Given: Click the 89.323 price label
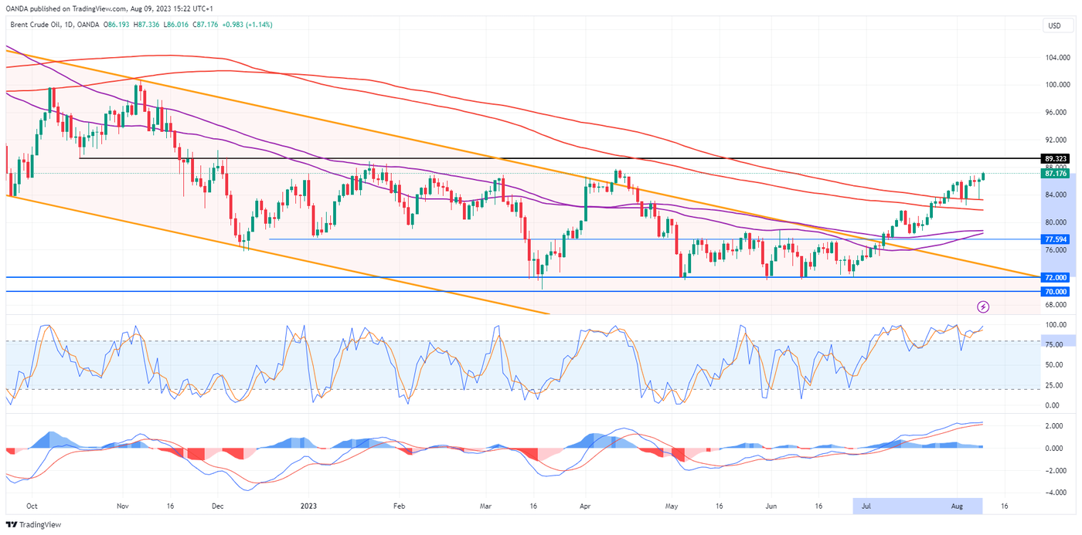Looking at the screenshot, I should pyautogui.click(x=1055, y=158).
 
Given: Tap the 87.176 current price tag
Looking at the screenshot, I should pyautogui.click(x=1055, y=174).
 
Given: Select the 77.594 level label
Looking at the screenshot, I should pyautogui.click(x=1055, y=239).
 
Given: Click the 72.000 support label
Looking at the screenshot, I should pyautogui.click(x=1055, y=277).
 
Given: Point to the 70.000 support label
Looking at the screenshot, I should pyautogui.click(x=1055, y=291).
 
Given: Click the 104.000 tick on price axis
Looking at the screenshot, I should pyautogui.click(x=1056, y=57).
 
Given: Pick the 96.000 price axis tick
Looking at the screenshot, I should pyautogui.click(x=1056, y=112).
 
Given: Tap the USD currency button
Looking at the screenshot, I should pyautogui.click(x=1054, y=25).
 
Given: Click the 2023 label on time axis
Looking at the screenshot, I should pyautogui.click(x=308, y=506).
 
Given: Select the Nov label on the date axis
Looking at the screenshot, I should pyautogui.click(x=122, y=506).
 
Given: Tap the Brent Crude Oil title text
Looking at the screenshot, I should pyautogui.click(x=43, y=25).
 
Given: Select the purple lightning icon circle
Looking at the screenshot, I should pyautogui.click(x=983, y=306).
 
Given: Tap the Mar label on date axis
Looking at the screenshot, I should pyautogui.click(x=486, y=506).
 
